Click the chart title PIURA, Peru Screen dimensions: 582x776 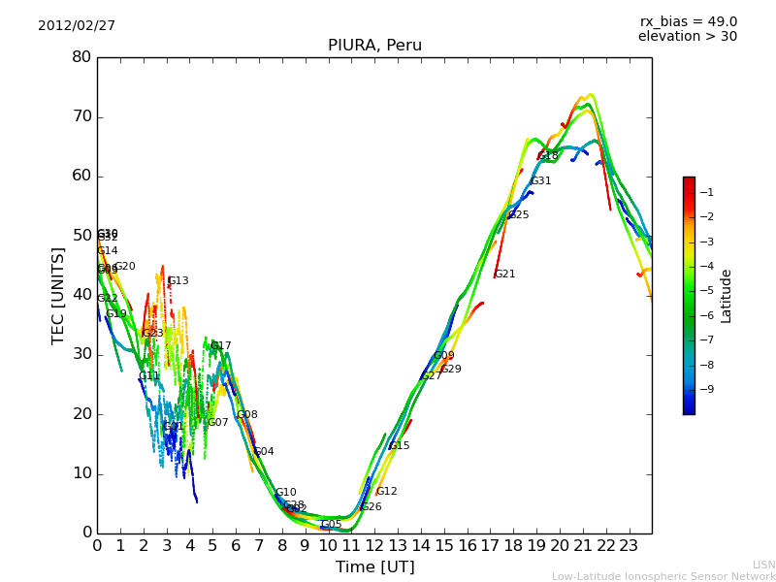click(x=374, y=46)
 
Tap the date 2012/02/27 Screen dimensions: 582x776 click(x=77, y=26)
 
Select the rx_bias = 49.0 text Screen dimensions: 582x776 click(x=688, y=22)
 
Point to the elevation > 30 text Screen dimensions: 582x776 click(x=687, y=37)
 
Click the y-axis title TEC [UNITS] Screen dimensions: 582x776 click(x=59, y=296)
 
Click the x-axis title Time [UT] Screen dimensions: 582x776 click(x=374, y=567)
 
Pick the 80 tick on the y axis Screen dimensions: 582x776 click(x=81, y=57)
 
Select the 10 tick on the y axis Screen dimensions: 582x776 click(x=81, y=473)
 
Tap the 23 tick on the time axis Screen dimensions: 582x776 click(x=629, y=545)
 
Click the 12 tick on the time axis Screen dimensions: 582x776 click(x=374, y=545)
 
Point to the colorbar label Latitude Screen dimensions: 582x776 click(x=727, y=296)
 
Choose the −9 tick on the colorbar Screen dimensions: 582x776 click(x=707, y=389)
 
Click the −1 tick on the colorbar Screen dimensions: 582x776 click(x=707, y=193)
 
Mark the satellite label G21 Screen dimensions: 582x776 click(x=505, y=275)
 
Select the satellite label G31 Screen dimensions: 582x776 click(x=540, y=181)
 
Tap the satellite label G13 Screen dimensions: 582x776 click(x=178, y=281)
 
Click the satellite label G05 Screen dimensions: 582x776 click(x=332, y=525)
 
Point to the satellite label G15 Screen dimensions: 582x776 click(x=400, y=446)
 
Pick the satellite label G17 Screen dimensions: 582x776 click(x=221, y=346)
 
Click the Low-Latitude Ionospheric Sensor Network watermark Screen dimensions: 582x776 click(x=663, y=577)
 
